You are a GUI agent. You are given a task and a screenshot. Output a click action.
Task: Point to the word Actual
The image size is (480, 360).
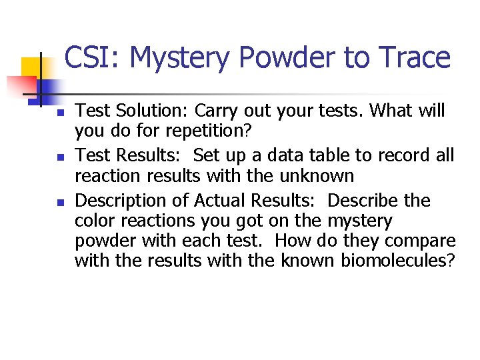211,201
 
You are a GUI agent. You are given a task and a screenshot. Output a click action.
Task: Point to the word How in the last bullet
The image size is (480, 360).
291,240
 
